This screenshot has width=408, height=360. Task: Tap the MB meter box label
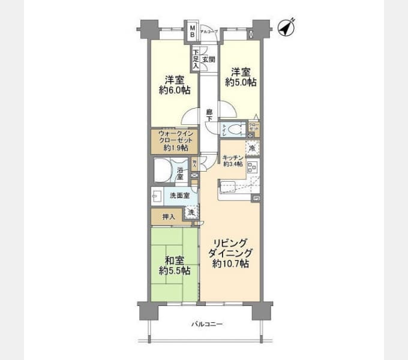click(193, 31)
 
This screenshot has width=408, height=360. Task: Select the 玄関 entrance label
click(208, 59)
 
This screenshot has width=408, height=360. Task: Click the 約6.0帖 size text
click(174, 91)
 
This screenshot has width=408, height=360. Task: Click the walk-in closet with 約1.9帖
click(174, 140)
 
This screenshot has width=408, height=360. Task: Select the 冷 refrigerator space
click(253, 148)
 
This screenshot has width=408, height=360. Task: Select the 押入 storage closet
click(167, 216)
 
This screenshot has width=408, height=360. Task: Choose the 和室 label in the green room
click(174, 260)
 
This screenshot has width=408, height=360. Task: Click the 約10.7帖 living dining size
click(230, 265)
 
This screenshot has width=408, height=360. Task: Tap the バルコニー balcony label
click(206, 324)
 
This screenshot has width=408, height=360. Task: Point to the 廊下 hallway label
click(209, 115)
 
